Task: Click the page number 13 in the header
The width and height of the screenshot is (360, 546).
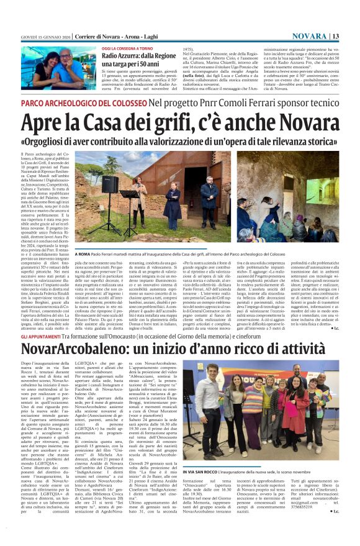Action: click(x=335, y=36)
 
